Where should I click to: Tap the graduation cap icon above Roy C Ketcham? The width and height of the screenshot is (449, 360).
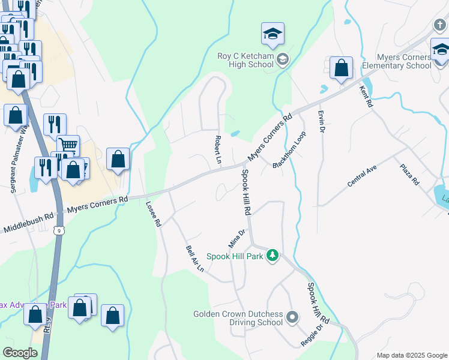click(x=273, y=34)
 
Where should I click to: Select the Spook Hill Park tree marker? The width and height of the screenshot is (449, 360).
click(x=273, y=256)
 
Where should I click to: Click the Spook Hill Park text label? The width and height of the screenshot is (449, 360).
click(x=235, y=256)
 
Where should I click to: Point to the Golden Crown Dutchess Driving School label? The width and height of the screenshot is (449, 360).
click(x=238, y=318)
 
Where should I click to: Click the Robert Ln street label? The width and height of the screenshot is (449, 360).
click(x=218, y=149)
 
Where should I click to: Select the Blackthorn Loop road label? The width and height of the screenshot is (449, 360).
click(x=289, y=150)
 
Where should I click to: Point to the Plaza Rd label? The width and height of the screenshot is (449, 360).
click(x=411, y=174)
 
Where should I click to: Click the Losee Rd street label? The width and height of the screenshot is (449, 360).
click(x=153, y=213)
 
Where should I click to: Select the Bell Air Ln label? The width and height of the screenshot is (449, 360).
click(x=195, y=259)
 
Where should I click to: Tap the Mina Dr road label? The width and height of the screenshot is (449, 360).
click(x=237, y=238)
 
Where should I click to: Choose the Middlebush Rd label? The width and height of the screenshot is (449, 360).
click(x=28, y=221)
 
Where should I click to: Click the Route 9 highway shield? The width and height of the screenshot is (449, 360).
click(x=58, y=229)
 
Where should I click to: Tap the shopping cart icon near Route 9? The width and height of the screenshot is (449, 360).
click(x=68, y=146)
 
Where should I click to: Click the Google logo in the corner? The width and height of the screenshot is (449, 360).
click(x=20, y=353)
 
